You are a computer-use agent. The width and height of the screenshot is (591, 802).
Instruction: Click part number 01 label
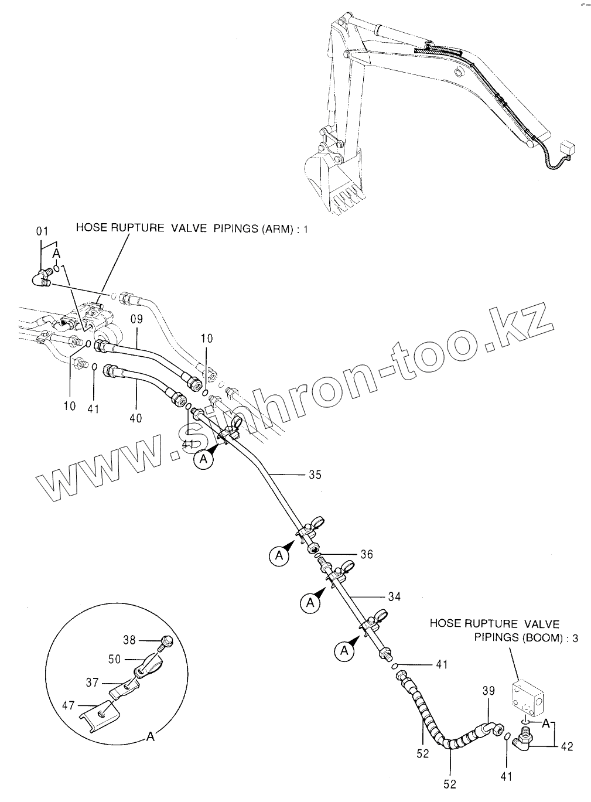(42, 231)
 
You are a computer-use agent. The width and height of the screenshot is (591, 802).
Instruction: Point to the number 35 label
(315, 475)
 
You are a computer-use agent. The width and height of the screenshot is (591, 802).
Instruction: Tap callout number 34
(394, 596)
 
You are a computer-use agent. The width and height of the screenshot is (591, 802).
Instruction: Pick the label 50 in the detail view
(115, 659)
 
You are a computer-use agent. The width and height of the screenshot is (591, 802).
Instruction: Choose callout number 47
(69, 705)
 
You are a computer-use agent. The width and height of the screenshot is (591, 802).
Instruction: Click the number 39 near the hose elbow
(489, 692)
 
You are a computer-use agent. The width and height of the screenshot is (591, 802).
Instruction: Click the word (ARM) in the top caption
(275, 228)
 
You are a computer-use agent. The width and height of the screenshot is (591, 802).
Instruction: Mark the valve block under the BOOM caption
(529, 697)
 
